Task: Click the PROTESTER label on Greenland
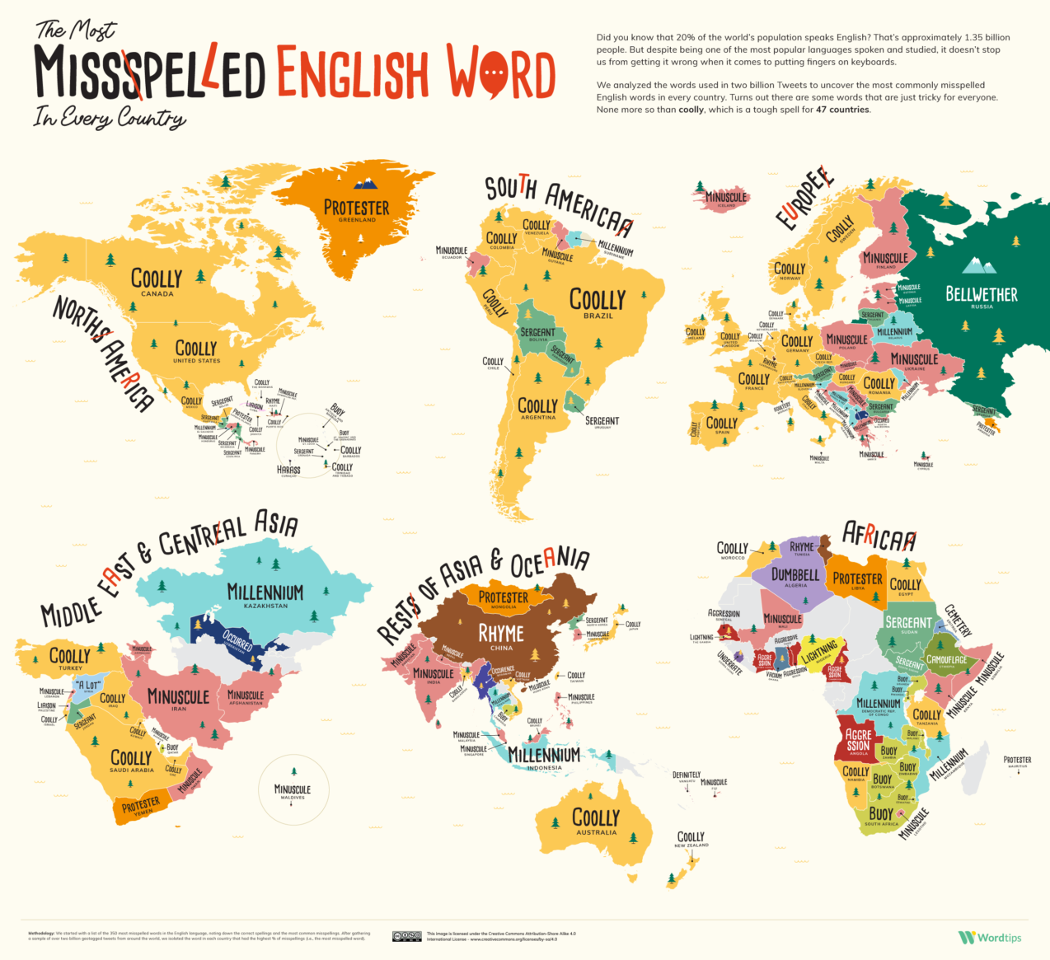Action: (356, 208)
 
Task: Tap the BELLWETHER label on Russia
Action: (981, 294)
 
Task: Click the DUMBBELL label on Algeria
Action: (795, 574)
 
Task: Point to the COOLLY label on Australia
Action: (595, 817)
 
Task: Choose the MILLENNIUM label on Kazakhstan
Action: (265, 592)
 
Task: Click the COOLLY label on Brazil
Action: (598, 300)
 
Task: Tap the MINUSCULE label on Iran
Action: (178, 696)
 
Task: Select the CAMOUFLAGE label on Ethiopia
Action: (947, 660)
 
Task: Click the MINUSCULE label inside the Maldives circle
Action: (292, 789)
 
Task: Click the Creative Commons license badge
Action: (407, 936)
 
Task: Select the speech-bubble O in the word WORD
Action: (493, 74)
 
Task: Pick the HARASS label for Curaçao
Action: (288, 470)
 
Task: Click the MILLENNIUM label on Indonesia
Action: (544, 755)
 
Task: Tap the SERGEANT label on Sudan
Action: (908, 622)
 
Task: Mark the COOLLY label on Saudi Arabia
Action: (131, 757)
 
